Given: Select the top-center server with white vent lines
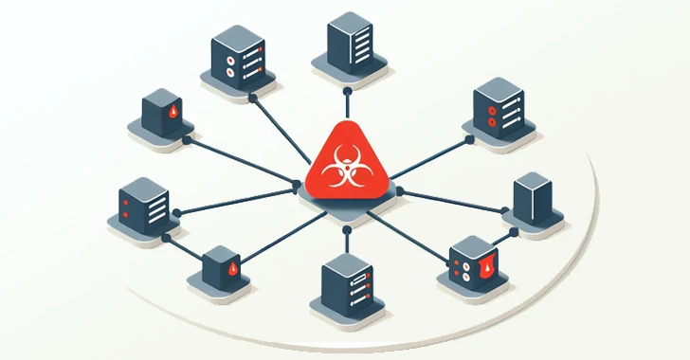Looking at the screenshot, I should tap(351, 44).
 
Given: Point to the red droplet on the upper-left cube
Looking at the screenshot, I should tap(171, 115).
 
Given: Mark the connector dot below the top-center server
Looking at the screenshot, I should tap(348, 92).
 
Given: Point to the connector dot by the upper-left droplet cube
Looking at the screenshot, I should tap(188, 139).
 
